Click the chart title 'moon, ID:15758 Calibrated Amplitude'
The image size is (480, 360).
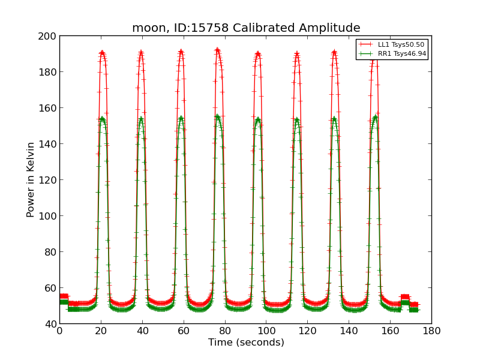pos(246,28)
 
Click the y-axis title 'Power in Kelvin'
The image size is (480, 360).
pos(31,180)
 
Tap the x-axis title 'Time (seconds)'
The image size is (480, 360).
pos(246,343)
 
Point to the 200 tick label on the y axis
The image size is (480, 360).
pos(49,36)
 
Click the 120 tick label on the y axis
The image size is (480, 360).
pos(49,180)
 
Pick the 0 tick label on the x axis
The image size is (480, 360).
pos(59,331)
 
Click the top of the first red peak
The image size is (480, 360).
pos(102,52)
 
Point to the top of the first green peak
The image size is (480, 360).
pos(102,118)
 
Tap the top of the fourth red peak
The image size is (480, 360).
pos(217,50)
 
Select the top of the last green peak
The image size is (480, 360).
pos(375,116)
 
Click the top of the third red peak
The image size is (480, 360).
pos(181,52)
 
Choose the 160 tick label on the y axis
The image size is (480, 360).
pos(49,108)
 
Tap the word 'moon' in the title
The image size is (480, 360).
pos(148,28)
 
